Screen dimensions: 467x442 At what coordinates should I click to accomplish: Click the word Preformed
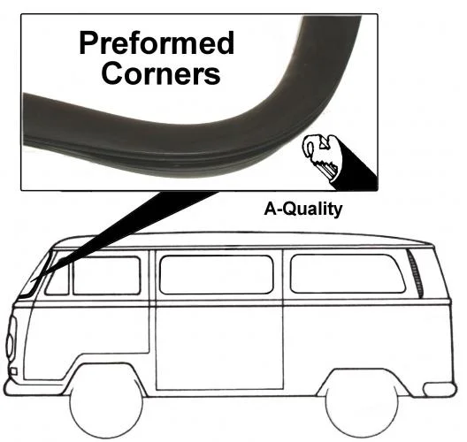[157, 43]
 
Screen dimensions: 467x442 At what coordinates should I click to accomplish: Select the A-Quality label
[302, 209]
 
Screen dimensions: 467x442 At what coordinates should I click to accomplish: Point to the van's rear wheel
[361, 407]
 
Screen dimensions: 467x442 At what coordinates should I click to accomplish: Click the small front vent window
[57, 278]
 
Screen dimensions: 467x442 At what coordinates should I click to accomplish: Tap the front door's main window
[107, 276]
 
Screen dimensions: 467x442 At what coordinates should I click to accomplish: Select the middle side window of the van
[217, 275]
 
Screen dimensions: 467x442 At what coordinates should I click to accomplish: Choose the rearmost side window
[348, 273]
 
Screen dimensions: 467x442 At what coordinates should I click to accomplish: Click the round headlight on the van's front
[11, 339]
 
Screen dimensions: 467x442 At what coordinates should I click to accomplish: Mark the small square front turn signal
[13, 372]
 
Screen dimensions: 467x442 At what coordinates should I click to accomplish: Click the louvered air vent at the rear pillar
[415, 274]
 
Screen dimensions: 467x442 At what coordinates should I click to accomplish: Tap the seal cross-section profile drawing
[322, 160]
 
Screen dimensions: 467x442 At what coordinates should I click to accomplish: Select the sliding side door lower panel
[219, 348]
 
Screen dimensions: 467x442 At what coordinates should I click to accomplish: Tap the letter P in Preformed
[88, 44]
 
